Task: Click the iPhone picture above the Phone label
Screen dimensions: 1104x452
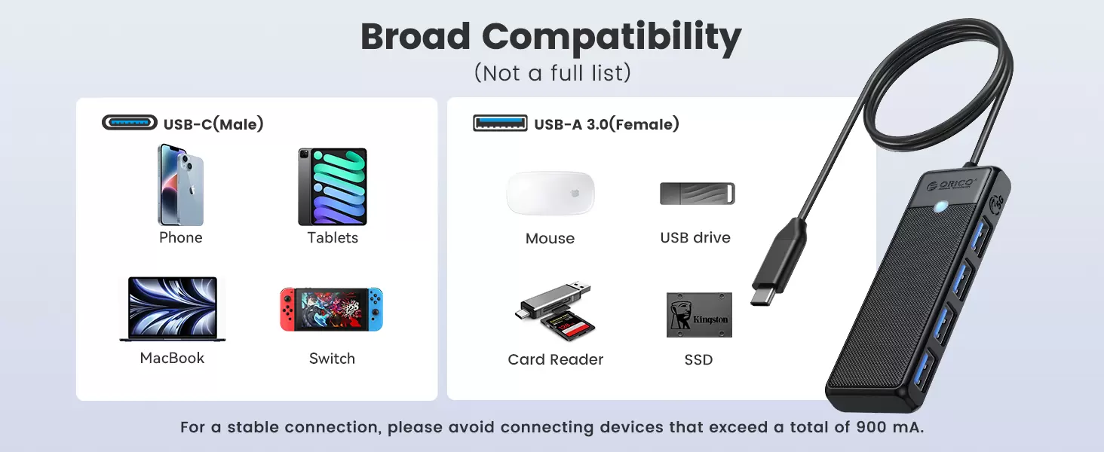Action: (x=180, y=185)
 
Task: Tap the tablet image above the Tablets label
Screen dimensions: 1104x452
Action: (x=333, y=186)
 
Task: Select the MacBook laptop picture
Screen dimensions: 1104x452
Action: (x=173, y=309)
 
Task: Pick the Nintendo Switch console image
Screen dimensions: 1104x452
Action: (x=331, y=309)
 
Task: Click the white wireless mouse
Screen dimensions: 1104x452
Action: (x=550, y=193)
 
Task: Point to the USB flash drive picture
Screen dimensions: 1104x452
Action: (x=698, y=194)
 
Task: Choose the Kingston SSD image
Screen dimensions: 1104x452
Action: (x=699, y=315)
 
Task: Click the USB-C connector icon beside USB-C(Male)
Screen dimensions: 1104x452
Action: (x=130, y=123)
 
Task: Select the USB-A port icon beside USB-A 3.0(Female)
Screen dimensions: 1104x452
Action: (x=500, y=123)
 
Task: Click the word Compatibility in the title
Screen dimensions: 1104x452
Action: (x=611, y=38)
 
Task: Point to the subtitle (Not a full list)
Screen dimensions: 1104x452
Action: (x=552, y=73)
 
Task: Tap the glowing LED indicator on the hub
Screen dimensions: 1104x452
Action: (x=940, y=206)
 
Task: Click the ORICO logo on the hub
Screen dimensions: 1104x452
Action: (x=950, y=184)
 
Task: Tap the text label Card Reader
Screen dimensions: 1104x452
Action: (x=556, y=359)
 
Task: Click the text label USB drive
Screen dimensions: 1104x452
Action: (x=695, y=237)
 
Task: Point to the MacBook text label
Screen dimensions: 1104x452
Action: (x=172, y=358)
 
